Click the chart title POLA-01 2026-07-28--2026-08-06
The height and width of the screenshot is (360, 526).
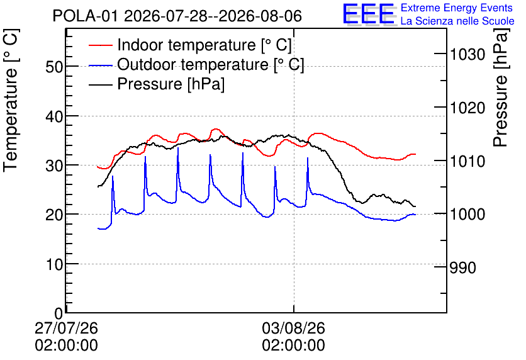click(177, 16)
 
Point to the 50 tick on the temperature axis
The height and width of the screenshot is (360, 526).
click(54, 67)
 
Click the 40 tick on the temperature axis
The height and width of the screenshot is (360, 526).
click(54, 116)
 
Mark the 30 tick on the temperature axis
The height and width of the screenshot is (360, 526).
click(54, 166)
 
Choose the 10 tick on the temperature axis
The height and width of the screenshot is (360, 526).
click(54, 265)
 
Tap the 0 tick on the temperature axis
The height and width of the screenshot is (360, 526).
click(59, 313)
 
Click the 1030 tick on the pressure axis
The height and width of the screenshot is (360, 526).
click(467, 54)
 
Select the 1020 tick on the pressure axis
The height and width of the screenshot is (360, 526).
click(467, 108)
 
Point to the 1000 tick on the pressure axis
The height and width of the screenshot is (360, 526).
click(467, 215)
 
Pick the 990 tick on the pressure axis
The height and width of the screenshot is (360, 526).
click(463, 267)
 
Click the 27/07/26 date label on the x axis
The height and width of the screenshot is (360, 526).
click(67, 328)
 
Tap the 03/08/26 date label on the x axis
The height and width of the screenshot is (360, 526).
click(294, 328)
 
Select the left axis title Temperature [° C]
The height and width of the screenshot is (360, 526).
click(11, 101)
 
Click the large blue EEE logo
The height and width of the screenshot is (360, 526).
click(369, 14)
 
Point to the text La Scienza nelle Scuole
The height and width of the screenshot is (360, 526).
click(457, 21)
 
